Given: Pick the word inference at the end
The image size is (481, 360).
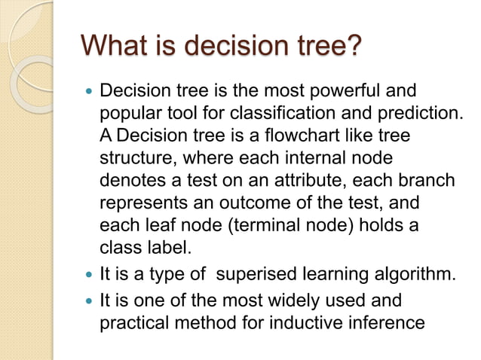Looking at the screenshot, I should pos(390,322).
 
